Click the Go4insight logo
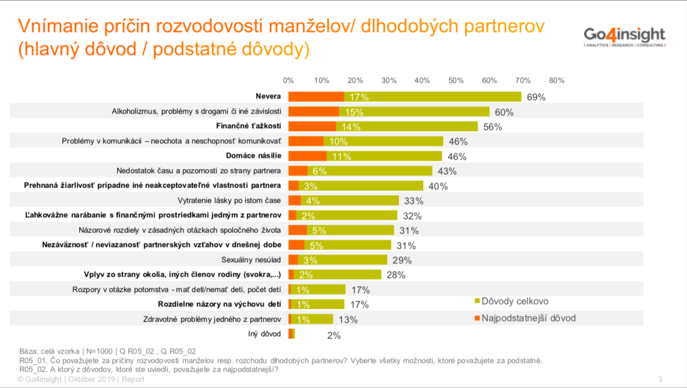[625, 36]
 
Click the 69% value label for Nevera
[536, 97]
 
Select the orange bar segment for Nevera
[316, 97]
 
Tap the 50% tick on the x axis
[455, 80]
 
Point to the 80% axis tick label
[556, 80]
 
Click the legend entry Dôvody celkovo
[514, 301]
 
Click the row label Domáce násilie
[253, 156]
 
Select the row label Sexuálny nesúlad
[252, 260]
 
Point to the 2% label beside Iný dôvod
[334, 335]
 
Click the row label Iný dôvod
[265, 334]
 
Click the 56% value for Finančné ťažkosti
[493, 127]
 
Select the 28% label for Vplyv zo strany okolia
[396, 275]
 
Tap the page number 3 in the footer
[660, 379]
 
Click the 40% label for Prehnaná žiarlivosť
[438, 186]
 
